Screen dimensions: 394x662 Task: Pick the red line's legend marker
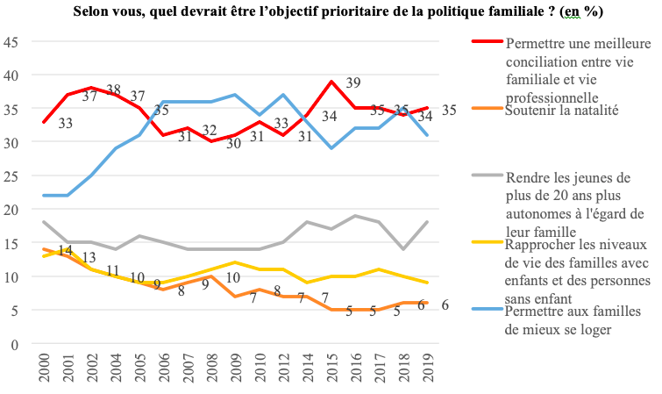[x=488, y=41]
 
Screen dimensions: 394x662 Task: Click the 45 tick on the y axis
[x=11, y=42]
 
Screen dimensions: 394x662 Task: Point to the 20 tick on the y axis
[x=11, y=210]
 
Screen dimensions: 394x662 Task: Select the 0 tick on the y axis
[x=14, y=344]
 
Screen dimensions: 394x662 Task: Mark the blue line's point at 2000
[x=44, y=196]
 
